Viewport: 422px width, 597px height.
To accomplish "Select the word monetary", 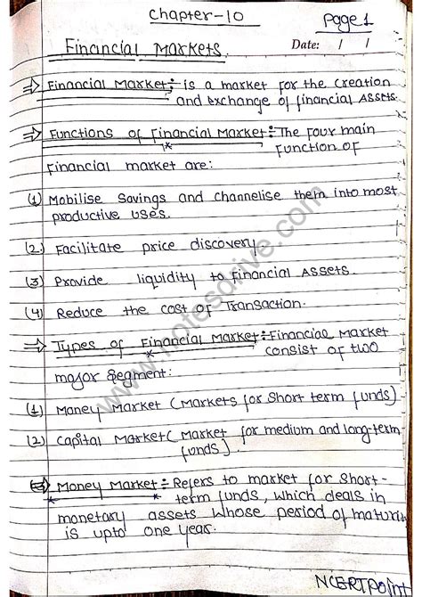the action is click(88, 517).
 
